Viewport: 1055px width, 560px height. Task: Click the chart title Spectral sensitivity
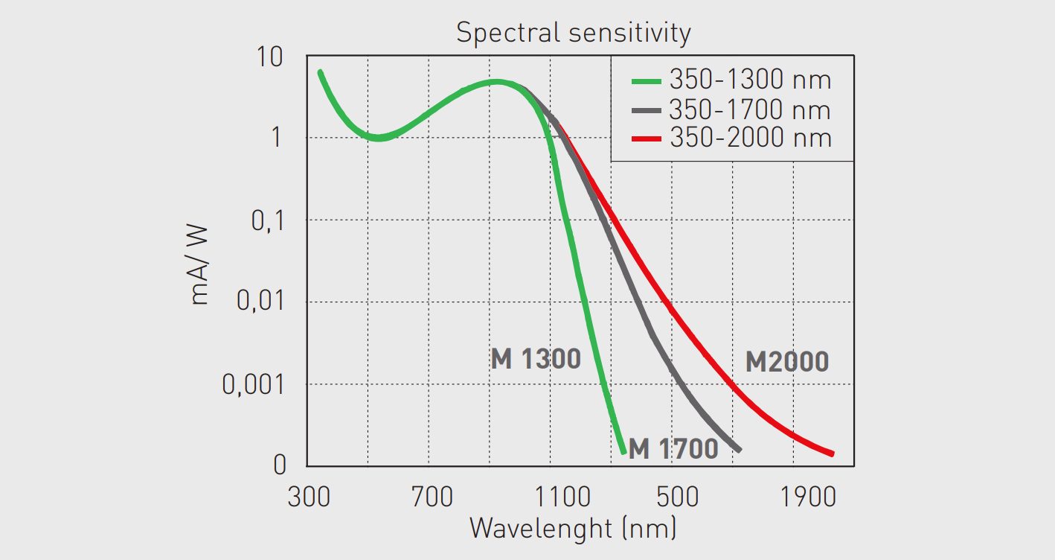pyautogui.click(x=573, y=34)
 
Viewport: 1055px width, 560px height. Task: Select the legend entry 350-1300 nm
pyautogui.click(x=749, y=80)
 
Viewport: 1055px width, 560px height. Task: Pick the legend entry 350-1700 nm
pyautogui.click(x=749, y=110)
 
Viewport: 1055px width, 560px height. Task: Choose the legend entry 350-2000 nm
pyautogui.click(x=749, y=139)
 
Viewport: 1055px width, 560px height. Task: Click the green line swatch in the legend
pyautogui.click(x=647, y=80)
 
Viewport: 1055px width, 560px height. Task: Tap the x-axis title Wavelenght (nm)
pyautogui.click(x=573, y=529)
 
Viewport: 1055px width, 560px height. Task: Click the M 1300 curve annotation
pyautogui.click(x=536, y=360)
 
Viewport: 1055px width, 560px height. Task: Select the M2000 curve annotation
pyautogui.click(x=786, y=363)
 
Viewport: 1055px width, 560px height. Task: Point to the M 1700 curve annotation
pyautogui.click(x=673, y=449)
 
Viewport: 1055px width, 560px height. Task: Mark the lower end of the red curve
pyautogui.click(x=832, y=454)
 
